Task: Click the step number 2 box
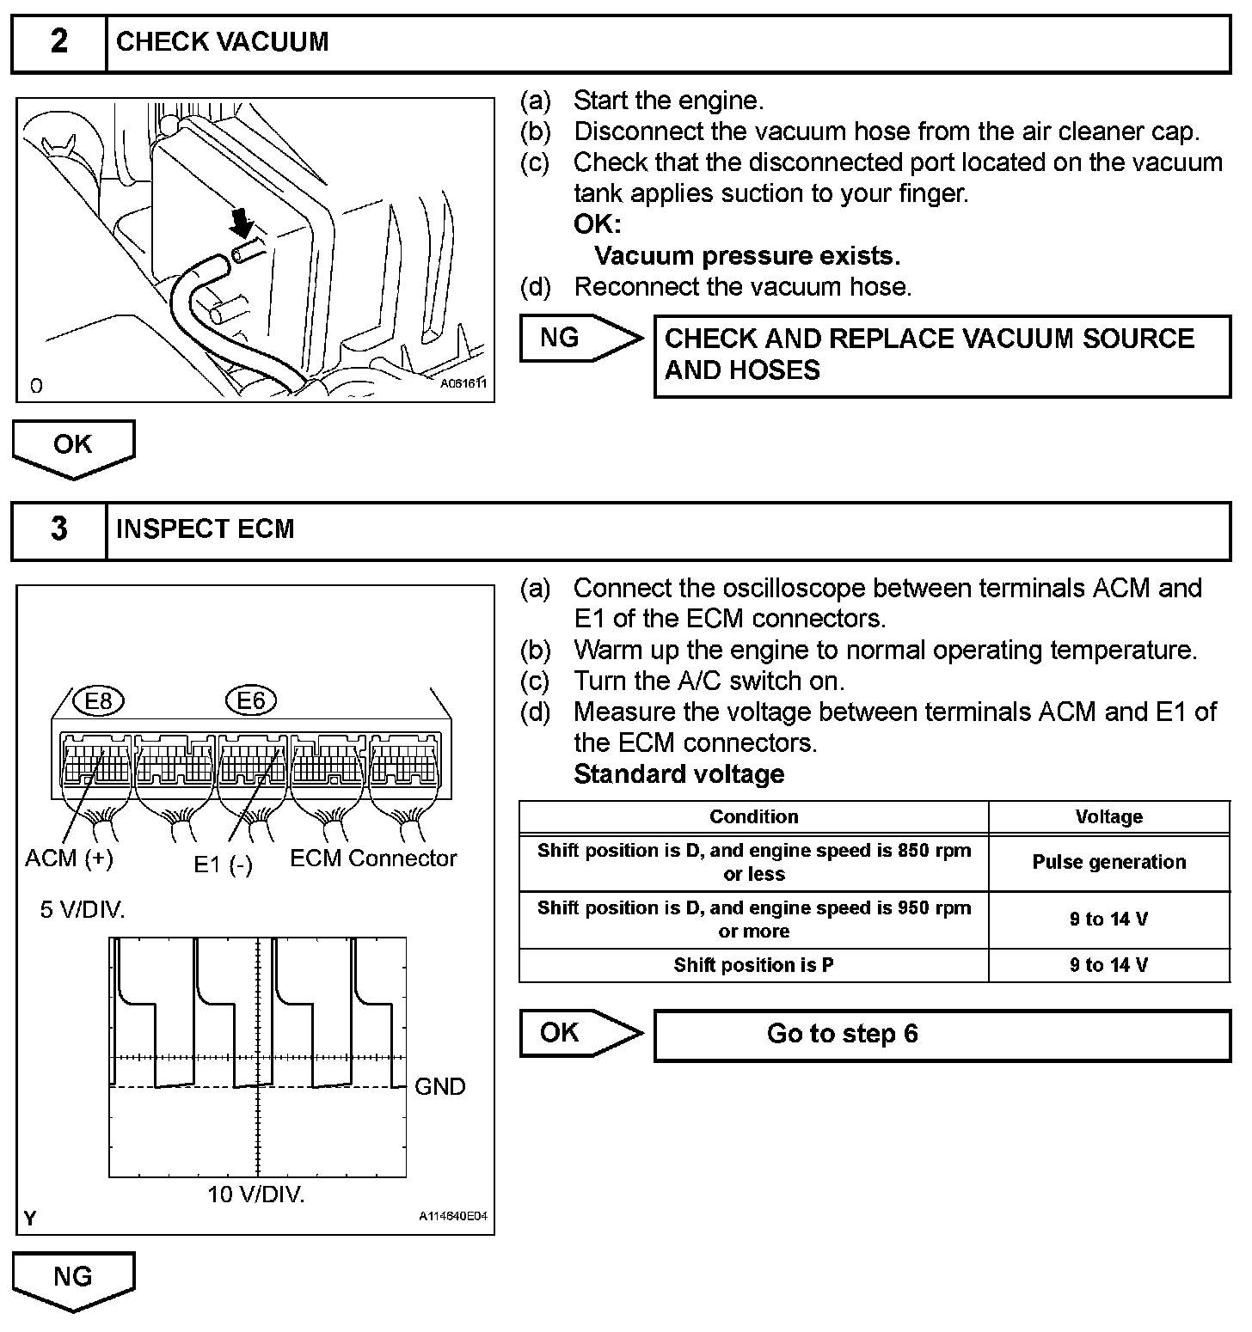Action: point(58,42)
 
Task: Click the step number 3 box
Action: point(58,529)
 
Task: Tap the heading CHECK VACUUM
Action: point(222,42)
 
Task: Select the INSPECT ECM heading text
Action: point(205,529)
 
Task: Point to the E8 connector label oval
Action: point(99,701)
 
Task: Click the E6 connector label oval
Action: point(250,701)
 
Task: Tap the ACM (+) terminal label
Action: point(69,858)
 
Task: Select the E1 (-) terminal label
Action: point(223,864)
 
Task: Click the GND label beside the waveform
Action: point(439,1087)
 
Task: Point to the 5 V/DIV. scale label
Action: point(83,909)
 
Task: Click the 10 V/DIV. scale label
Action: point(256,1195)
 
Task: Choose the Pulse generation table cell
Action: point(1108,862)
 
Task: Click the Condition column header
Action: point(753,817)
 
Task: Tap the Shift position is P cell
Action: point(753,965)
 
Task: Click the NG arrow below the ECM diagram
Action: point(73,1279)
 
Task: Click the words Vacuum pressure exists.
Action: point(746,256)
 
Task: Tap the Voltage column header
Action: point(1108,817)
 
